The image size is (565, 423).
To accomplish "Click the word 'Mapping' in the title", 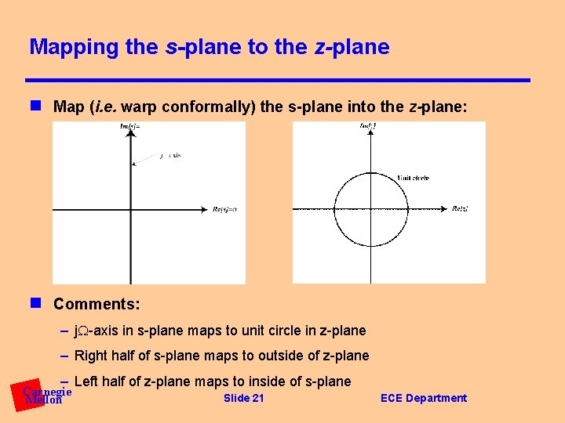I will [x=74, y=47].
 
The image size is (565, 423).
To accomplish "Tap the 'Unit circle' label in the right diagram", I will [x=414, y=178].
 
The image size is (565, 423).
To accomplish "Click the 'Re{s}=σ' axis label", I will [x=224, y=209].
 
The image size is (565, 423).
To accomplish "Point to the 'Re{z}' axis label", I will [x=460, y=208].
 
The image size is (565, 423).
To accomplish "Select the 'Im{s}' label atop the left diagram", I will [x=130, y=126].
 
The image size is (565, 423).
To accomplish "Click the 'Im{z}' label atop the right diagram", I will [x=368, y=126].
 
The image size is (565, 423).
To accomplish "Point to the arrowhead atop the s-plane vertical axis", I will [x=130, y=134].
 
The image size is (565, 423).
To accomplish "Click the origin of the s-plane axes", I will [x=130, y=209].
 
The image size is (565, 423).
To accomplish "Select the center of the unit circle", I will [x=372, y=209].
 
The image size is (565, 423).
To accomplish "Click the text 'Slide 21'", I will [x=244, y=398].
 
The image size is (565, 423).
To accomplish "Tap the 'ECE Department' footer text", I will [x=423, y=398].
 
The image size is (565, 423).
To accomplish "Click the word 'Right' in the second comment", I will [x=91, y=356].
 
